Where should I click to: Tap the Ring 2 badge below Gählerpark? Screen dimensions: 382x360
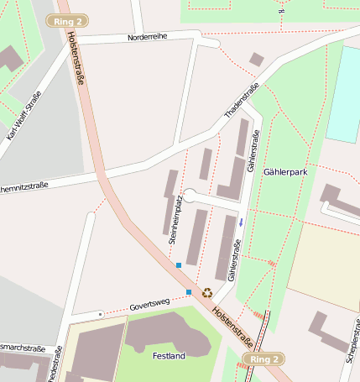[x=263, y=359]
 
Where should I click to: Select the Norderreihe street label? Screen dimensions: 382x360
[x=149, y=37]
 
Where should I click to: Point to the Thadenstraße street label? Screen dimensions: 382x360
[x=243, y=100]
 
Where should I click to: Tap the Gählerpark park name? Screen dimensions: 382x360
[x=285, y=170]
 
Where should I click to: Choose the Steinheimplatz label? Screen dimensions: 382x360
[x=175, y=217]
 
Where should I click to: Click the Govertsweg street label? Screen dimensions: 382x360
[x=149, y=303]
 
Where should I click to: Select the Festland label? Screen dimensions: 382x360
[x=169, y=356]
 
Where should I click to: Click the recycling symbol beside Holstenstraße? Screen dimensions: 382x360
[x=206, y=292]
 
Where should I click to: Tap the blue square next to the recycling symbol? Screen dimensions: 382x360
[x=189, y=292]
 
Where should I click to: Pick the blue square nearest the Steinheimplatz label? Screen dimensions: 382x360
[x=178, y=265]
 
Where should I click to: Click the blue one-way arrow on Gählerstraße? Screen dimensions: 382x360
[x=242, y=222]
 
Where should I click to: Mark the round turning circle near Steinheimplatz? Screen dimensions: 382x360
[x=190, y=196]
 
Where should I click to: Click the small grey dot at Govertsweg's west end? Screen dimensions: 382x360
[x=100, y=314]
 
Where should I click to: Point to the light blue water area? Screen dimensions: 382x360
[x=343, y=93]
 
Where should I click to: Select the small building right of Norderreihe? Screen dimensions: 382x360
[x=257, y=59]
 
